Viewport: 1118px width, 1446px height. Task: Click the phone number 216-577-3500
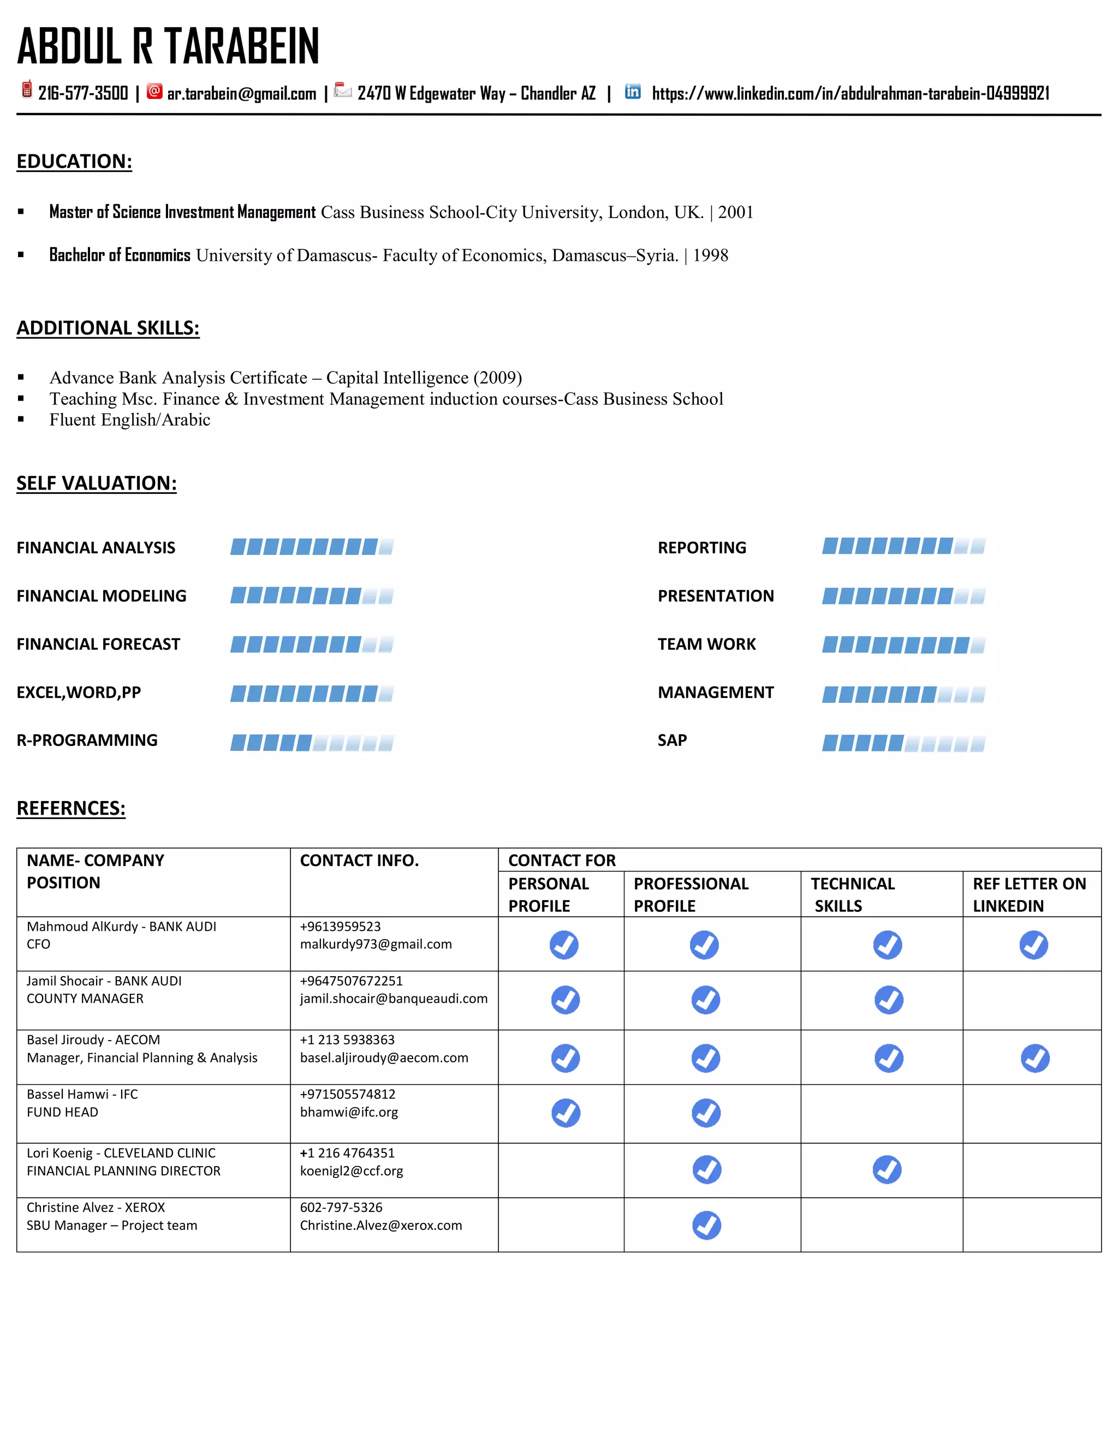point(83,93)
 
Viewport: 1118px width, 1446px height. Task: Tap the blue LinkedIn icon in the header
point(633,92)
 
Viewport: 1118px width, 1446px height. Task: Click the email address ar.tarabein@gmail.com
point(241,94)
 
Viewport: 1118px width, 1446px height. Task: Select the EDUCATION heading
point(74,162)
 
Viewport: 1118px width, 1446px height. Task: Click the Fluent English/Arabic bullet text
point(130,420)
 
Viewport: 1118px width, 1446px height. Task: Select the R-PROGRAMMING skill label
point(87,740)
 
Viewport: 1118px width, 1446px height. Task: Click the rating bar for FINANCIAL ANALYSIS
point(311,547)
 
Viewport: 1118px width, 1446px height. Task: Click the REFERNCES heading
point(71,809)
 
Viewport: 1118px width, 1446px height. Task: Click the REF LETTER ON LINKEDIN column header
point(1028,894)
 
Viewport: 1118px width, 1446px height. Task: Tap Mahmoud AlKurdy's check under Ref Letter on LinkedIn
point(1033,945)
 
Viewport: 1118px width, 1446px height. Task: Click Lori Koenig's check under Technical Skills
point(887,1170)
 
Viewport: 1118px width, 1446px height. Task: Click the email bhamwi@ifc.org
point(348,1112)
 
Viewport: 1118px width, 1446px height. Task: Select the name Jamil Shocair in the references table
point(65,981)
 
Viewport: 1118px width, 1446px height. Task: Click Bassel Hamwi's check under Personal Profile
point(566,1113)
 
